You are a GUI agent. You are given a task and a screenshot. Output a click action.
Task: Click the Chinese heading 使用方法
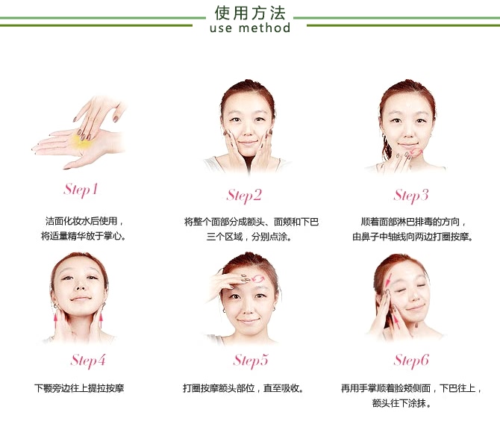point(250,13)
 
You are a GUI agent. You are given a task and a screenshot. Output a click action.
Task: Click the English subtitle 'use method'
point(250,28)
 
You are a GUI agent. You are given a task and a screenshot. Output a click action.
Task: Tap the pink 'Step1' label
point(81,190)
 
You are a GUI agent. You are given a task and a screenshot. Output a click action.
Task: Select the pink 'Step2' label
point(244,196)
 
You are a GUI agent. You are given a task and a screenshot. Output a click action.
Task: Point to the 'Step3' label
point(410,196)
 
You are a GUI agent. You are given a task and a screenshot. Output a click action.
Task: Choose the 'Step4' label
point(88,361)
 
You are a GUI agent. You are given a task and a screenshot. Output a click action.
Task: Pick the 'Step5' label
point(250,361)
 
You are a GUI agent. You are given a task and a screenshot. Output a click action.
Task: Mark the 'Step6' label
point(411,361)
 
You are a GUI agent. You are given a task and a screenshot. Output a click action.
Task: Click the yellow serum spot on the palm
point(81,143)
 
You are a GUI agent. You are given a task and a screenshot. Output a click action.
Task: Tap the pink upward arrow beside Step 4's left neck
point(56,320)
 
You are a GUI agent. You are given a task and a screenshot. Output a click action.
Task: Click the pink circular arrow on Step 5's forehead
point(258,279)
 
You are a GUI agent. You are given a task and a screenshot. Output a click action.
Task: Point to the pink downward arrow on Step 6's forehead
point(388,280)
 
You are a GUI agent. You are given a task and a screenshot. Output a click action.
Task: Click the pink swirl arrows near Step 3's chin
point(416,152)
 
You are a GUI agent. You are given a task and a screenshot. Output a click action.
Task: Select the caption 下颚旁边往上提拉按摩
point(79,388)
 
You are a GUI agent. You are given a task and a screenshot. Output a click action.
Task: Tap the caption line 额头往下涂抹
point(401,403)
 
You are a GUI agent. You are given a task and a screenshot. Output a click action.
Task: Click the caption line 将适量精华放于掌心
point(83,236)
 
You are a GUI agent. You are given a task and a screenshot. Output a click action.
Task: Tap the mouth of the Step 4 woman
point(81,299)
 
